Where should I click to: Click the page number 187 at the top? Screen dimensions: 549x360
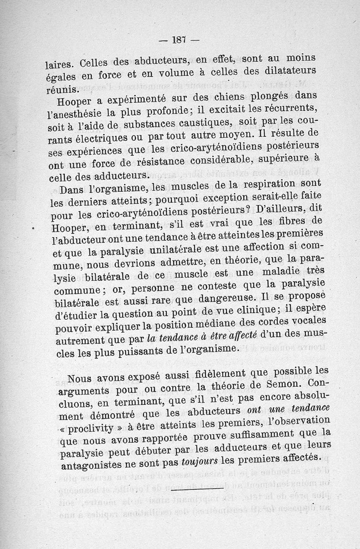(x=179, y=40)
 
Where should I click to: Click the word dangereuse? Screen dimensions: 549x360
(x=218, y=298)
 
